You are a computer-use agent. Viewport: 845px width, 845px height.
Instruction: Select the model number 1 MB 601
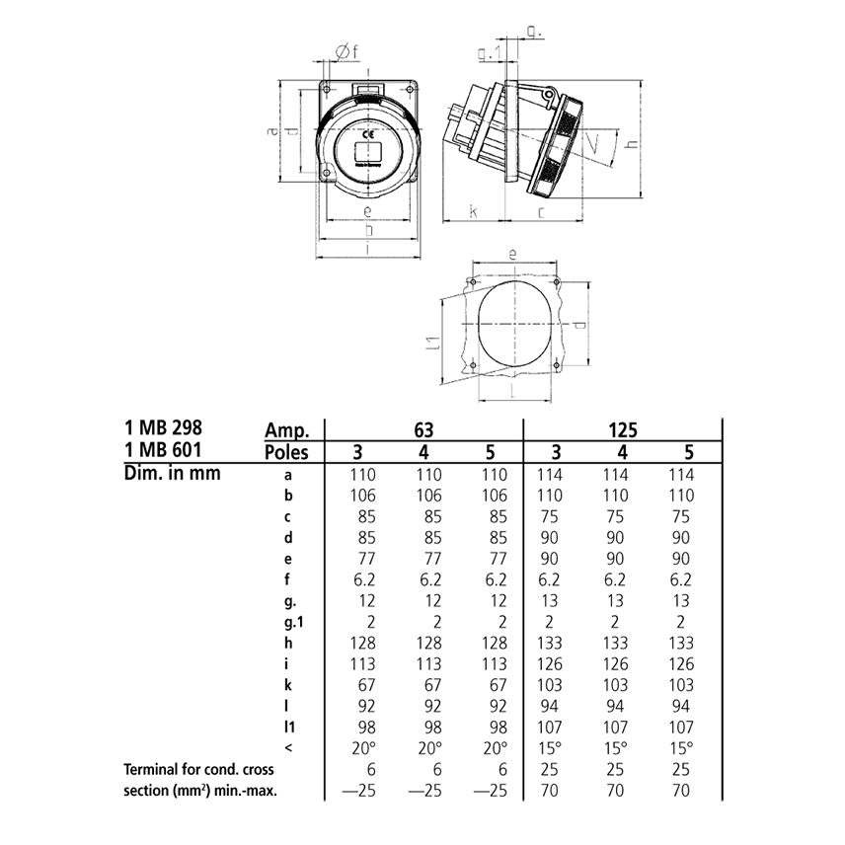[x=166, y=452]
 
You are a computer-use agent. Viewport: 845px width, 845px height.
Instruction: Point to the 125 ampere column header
[x=623, y=429]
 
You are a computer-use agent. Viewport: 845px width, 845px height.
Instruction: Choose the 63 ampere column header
[x=423, y=429]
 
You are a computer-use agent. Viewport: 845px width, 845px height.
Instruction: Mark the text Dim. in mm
[x=172, y=473]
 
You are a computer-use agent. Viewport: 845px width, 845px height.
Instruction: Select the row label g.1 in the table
[x=290, y=621]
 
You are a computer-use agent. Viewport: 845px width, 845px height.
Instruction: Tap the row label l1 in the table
[x=287, y=727]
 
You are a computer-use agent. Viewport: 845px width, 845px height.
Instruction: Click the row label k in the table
[x=286, y=684]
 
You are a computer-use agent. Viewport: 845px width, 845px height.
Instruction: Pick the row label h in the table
[x=286, y=643]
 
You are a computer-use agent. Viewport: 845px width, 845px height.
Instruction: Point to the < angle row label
[x=286, y=747]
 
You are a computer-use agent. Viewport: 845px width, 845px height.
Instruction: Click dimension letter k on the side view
[x=473, y=212]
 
